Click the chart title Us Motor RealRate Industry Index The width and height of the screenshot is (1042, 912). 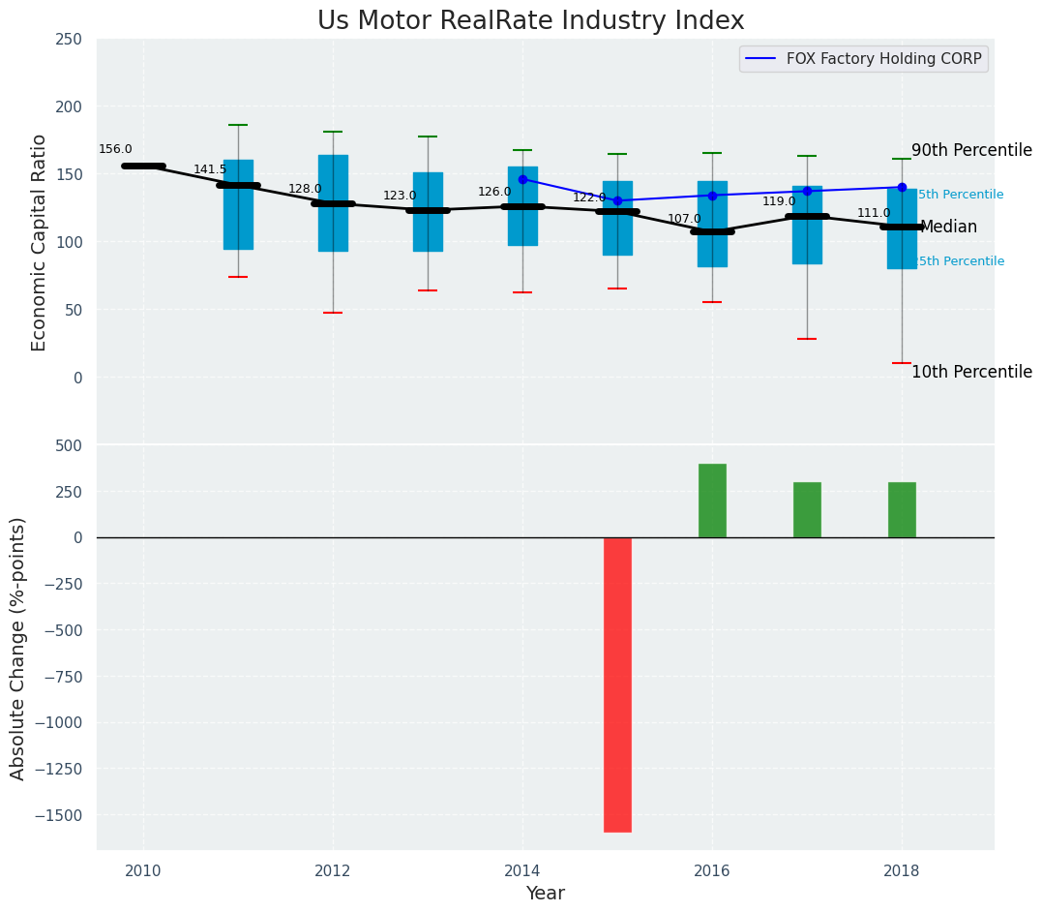click(530, 21)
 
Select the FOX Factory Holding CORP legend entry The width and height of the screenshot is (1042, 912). click(883, 59)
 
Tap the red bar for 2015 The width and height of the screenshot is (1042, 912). click(617, 684)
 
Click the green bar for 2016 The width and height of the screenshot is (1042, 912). click(712, 501)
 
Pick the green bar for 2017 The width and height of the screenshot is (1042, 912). click(807, 509)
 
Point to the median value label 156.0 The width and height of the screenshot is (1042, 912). click(115, 149)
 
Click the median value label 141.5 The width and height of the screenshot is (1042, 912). click(210, 169)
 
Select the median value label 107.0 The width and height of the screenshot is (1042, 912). click(684, 219)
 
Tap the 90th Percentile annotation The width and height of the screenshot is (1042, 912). click(971, 151)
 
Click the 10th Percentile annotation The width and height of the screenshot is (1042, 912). click(971, 372)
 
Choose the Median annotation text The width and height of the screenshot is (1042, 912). click(948, 228)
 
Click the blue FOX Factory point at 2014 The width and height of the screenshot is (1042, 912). click(522, 179)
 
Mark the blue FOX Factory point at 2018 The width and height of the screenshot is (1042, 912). click(902, 187)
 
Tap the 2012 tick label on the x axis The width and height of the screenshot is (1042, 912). click(333, 869)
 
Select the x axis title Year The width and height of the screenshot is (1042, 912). click(545, 894)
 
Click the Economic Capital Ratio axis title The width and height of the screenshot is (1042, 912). click(40, 242)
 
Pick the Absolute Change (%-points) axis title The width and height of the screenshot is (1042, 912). click(18, 648)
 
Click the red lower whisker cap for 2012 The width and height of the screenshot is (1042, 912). click(333, 313)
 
